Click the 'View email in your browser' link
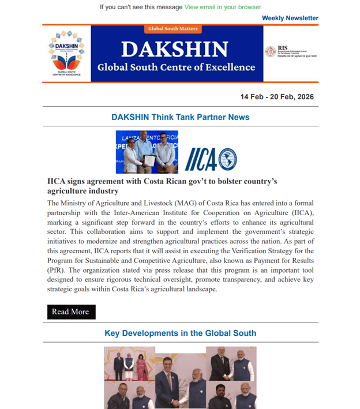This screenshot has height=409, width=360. click(x=223, y=7)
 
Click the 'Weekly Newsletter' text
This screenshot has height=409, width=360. click(x=290, y=18)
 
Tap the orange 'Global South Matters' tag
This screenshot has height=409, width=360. click(x=172, y=28)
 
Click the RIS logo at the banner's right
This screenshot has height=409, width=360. click(x=291, y=52)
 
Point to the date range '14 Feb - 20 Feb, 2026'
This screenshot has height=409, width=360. click(x=277, y=97)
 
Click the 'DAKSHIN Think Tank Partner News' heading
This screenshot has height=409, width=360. click(x=180, y=117)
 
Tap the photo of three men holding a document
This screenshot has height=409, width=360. click(x=147, y=152)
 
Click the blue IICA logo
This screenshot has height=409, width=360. click(x=211, y=159)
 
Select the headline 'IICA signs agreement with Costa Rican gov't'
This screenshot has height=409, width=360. click(x=162, y=186)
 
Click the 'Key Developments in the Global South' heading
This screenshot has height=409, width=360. click(x=180, y=333)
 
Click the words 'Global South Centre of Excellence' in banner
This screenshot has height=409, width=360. click(x=176, y=67)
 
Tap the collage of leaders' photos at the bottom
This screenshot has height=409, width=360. click(x=180, y=378)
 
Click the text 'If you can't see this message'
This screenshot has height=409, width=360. click(x=141, y=7)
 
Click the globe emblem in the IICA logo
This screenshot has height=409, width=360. click(x=227, y=159)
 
